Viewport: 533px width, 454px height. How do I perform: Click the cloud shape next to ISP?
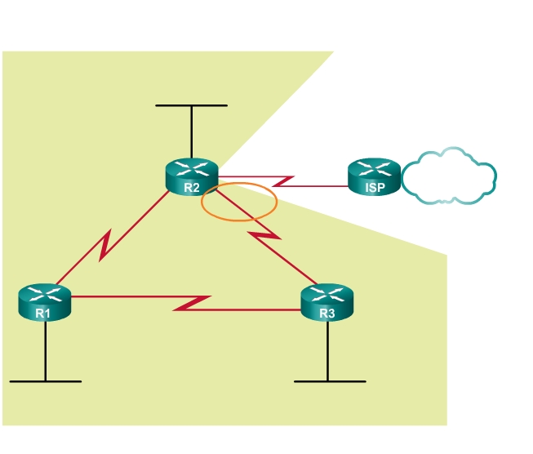click(x=449, y=176)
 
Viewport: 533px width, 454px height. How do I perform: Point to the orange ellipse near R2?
click(x=239, y=201)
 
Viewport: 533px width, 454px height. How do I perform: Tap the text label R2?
click(x=191, y=188)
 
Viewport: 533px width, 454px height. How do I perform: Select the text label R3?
click(x=326, y=313)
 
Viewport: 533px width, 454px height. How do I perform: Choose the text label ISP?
click(x=374, y=188)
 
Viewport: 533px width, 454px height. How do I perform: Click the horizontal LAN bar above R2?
click(x=191, y=105)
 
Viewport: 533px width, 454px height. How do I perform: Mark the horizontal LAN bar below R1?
click(x=45, y=381)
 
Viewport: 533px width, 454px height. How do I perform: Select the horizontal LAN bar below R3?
click(x=330, y=381)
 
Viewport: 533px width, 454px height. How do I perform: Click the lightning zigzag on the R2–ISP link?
click(x=282, y=179)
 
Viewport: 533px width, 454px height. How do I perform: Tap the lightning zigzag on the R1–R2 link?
click(x=106, y=245)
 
